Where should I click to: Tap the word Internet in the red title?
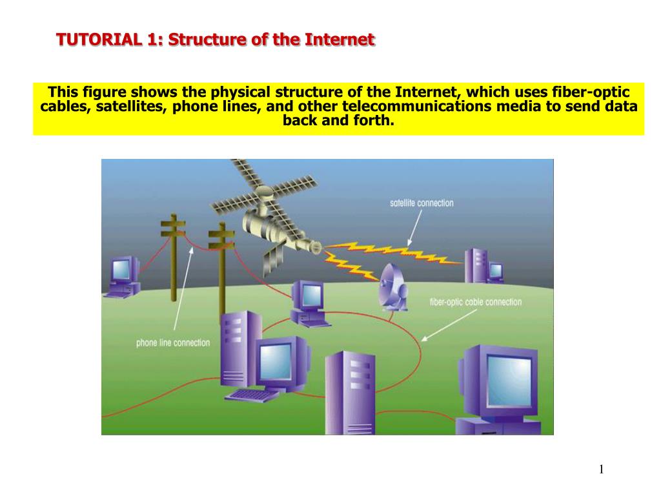[340, 39]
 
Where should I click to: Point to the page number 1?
[602, 470]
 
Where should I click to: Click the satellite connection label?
[422, 203]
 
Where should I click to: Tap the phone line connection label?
[173, 343]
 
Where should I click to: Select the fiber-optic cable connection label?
[476, 302]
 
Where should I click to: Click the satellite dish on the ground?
[392, 287]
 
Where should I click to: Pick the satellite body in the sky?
[270, 220]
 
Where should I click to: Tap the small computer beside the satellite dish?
[310, 304]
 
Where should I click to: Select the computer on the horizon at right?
[484, 266]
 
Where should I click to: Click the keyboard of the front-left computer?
[252, 395]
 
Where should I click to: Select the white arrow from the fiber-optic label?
[449, 325]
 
